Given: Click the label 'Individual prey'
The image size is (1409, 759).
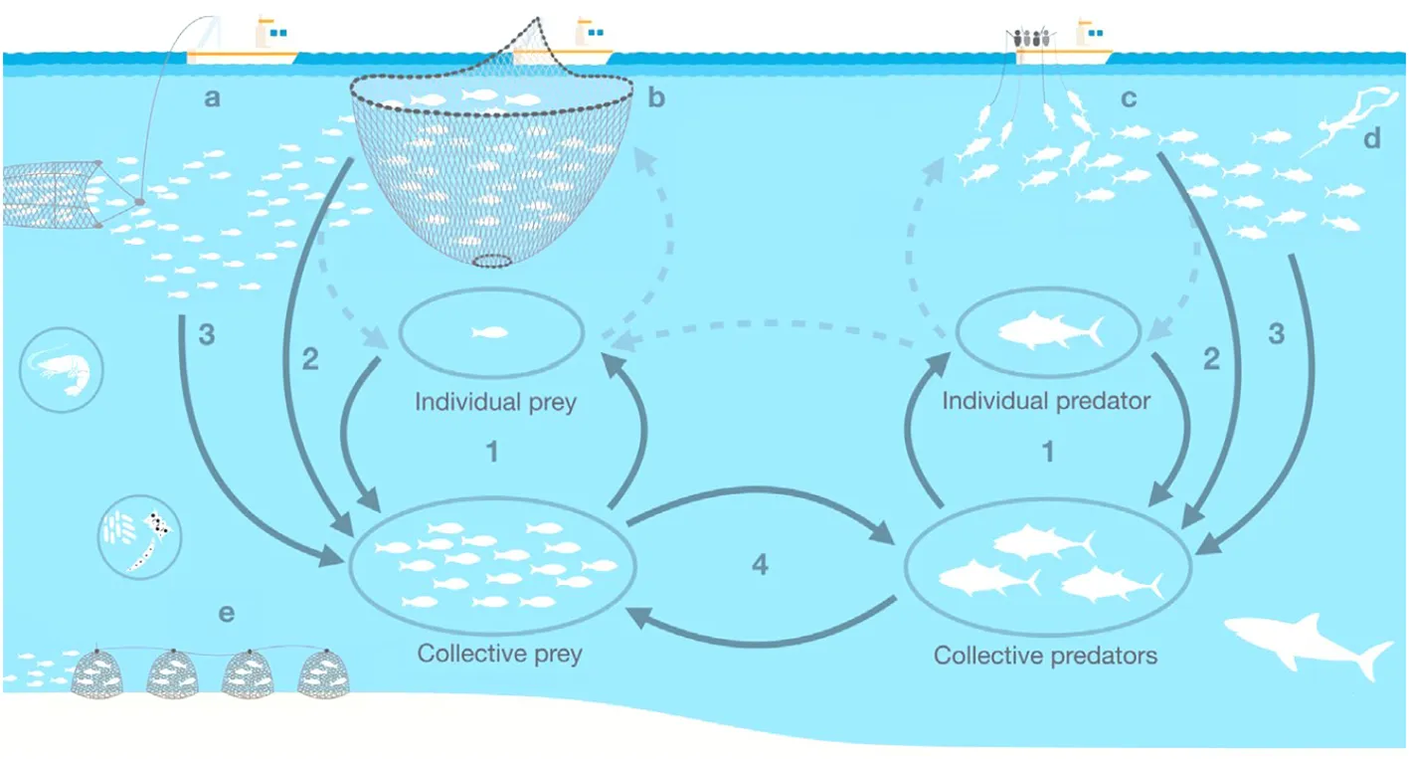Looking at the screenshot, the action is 495,402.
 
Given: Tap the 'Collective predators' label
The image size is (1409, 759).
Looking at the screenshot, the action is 1045,656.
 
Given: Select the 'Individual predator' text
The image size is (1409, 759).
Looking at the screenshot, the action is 1046,401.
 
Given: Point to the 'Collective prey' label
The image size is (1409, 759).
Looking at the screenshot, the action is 499,654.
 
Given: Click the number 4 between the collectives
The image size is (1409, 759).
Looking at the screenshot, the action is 760,565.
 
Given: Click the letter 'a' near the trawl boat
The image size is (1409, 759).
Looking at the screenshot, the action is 212,98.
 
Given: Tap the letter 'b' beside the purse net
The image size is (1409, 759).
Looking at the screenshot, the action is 656,97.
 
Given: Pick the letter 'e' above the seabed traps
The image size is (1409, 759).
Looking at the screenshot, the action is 227,613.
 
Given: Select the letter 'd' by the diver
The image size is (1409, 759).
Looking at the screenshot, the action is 1372,138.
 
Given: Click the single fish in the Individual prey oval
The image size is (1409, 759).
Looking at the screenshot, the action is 489,332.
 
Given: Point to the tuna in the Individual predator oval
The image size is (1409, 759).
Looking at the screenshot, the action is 1050,331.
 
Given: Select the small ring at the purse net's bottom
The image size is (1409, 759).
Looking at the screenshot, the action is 492,261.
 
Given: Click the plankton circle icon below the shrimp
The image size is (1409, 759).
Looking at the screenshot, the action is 139,537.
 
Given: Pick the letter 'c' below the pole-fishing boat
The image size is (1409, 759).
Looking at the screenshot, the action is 1129,98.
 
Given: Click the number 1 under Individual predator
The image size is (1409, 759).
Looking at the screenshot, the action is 1048,452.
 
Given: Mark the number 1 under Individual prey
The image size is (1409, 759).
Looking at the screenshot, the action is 492,452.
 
